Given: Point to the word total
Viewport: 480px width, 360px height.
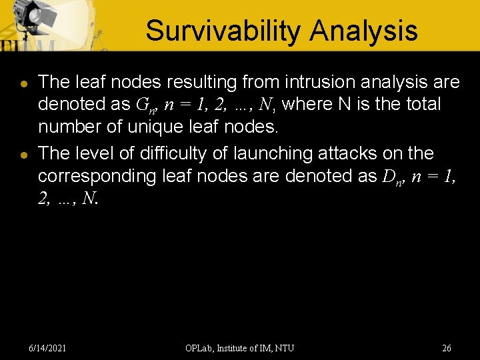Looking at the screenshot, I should click(x=418, y=105).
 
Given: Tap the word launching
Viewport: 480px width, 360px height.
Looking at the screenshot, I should click(x=263, y=153).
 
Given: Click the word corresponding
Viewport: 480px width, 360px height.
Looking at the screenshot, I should click(x=96, y=176).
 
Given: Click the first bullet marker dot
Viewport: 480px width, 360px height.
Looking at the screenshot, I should click(x=23, y=85).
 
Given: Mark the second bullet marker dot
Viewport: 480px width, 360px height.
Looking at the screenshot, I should click(x=23, y=155).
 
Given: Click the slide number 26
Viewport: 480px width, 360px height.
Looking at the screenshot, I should click(x=447, y=348).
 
